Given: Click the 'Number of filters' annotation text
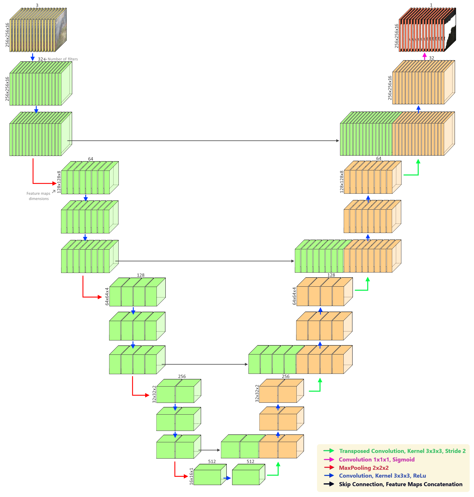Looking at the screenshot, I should click(63, 59).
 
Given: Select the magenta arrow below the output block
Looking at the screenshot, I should click(425, 56).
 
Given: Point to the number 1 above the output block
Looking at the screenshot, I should click(431, 5).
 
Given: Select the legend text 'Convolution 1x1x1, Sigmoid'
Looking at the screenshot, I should click(376, 459).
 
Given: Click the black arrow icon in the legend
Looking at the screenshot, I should click(329, 484).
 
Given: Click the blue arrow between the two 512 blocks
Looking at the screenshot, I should click(227, 478).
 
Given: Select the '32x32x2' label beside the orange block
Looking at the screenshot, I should click(257, 393).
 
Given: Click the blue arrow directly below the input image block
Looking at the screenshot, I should click(32, 57).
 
